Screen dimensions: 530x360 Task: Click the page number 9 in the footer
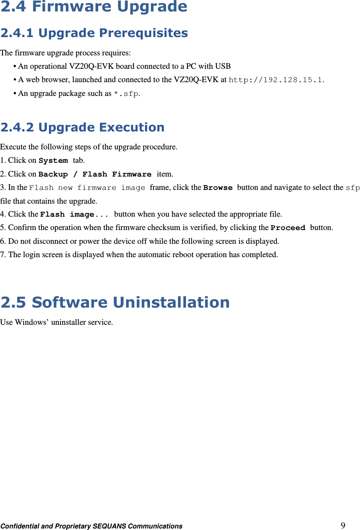click(343, 525)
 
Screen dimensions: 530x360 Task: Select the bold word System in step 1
click(53, 160)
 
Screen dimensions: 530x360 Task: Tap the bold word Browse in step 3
click(218, 188)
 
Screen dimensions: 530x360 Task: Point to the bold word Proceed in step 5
click(288, 228)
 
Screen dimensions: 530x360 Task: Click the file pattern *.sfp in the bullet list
click(126, 94)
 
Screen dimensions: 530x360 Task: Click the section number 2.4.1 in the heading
click(17, 33)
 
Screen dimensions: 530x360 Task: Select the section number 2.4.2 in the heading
click(17, 127)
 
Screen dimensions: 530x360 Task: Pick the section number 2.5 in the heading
click(13, 303)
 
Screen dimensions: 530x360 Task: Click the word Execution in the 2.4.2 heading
click(132, 127)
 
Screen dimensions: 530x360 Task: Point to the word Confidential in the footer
click(19, 526)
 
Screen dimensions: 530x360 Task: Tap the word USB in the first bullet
click(223, 66)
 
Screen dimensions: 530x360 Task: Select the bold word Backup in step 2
click(53, 174)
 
